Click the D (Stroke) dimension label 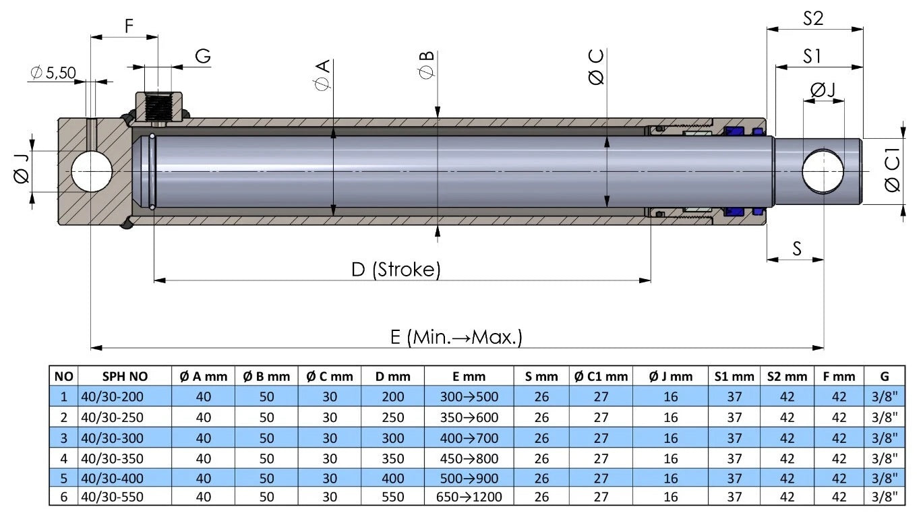[x=396, y=270]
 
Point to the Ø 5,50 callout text [x=53, y=72]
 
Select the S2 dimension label [x=813, y=18]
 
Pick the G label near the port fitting [x=203, y=57]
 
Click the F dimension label [x=129, y=26]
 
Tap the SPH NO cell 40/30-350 [x=112, y=458]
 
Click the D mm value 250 [x=393, y=417]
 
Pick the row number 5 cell [x=64, y=478]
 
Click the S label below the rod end [x=796, y=249]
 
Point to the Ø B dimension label [x=425, y=64]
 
